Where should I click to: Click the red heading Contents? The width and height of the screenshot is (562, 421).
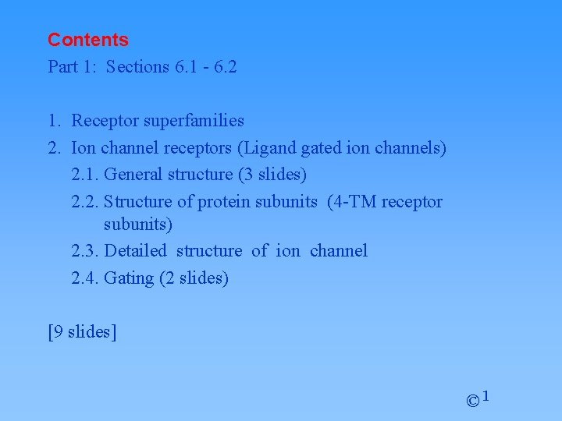87,40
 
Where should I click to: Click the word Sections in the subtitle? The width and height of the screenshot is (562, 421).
137,67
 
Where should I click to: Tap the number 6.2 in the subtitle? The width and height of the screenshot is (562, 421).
224,67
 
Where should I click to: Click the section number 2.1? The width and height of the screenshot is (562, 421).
84,174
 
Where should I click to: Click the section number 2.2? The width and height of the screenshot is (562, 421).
84,201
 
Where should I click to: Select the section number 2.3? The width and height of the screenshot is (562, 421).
84,251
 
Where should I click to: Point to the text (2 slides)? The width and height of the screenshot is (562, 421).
194,278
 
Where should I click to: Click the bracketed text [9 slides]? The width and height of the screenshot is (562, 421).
82,332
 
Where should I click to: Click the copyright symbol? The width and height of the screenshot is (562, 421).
472,402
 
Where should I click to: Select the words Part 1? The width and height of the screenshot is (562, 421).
73,67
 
